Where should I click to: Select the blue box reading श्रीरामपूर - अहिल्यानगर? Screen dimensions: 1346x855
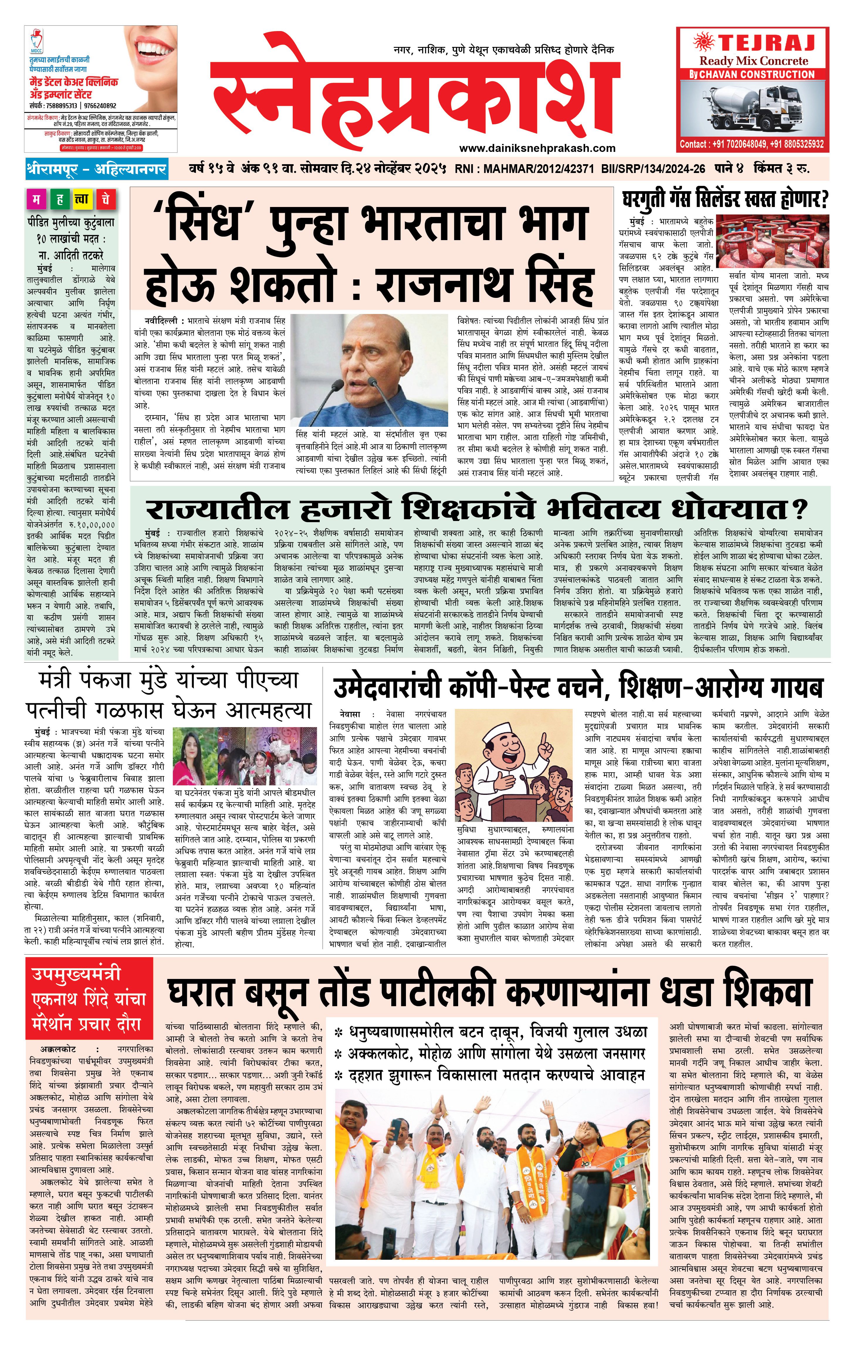coord(96,169)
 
